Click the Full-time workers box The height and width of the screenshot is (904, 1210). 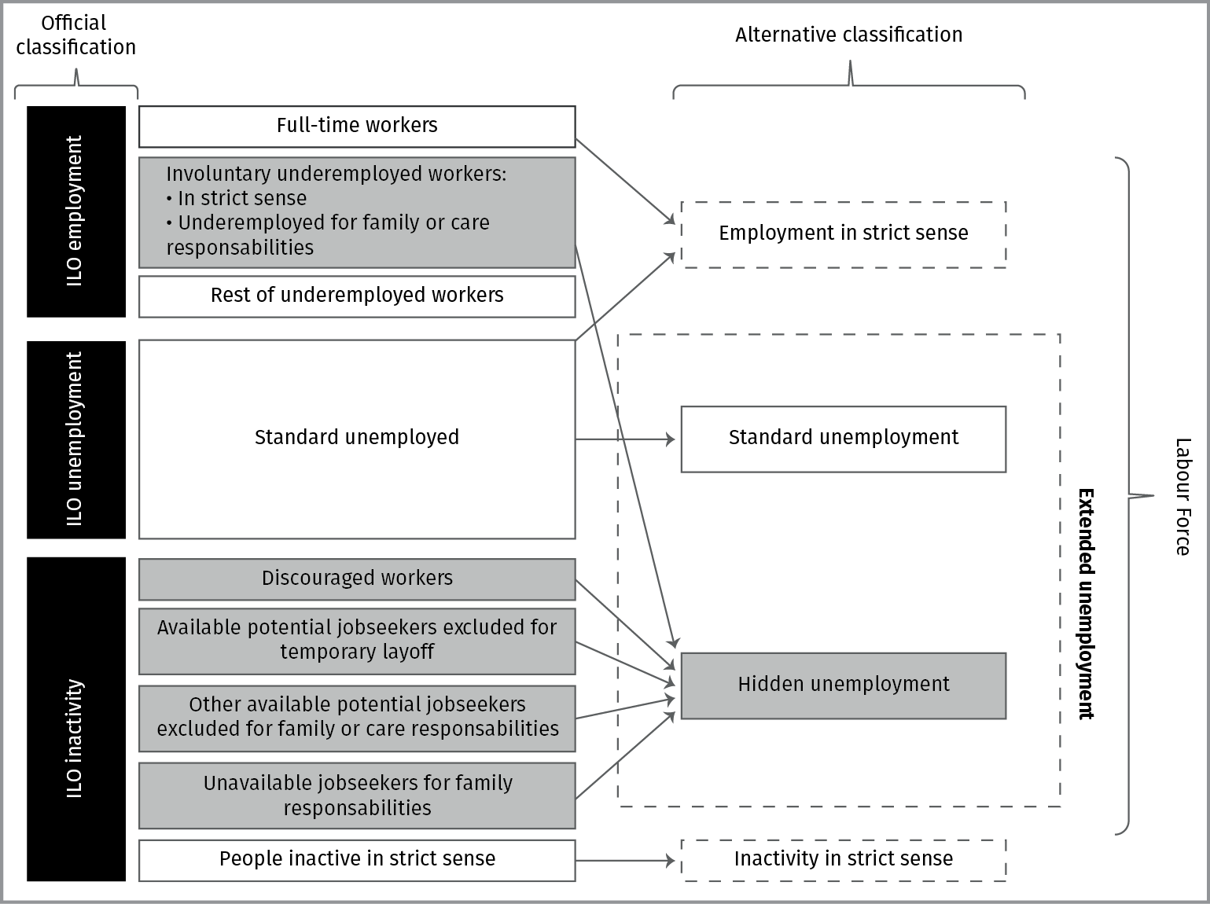[x=357, y=126]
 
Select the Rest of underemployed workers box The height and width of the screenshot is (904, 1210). [x=357, y=296]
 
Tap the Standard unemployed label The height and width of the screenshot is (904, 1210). [x=357, y=437]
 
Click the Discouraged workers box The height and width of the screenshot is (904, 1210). [x=357, y=579]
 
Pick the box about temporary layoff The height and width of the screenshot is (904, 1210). [x=357, y=640]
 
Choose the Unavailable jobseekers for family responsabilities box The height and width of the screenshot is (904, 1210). [x=357, y=795]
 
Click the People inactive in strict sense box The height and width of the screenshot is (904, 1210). [x=357, y=859]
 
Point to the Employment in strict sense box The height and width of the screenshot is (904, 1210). [x=843, y=233]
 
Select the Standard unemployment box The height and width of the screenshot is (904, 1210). [x=843, y=438]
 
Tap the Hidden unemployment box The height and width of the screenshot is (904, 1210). [x=843, y=685]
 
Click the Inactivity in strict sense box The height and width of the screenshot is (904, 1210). [x=843, y=859]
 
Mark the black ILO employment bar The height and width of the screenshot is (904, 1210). [x=75, y=211]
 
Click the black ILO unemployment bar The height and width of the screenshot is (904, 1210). [x=75, y=439]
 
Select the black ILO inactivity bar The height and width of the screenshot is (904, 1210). [x=75, y=718]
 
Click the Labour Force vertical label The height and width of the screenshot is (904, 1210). [x=1182, y=497]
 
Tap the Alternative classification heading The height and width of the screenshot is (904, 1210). [x=848, y=35]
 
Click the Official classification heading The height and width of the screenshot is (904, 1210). [x=75, y=35]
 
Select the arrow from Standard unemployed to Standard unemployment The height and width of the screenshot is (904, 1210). [x=625, y=439]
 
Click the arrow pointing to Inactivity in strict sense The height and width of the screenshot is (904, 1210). [x=625, y=860]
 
